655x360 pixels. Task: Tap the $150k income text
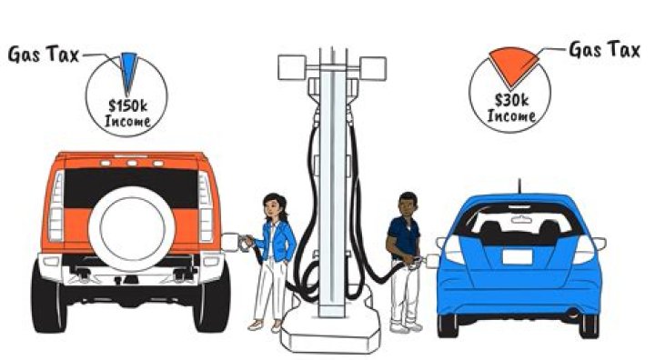point(127,113)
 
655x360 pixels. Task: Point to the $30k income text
point(511,108)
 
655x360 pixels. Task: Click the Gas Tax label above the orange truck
point(44,55)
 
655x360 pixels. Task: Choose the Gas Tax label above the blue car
point(604,50)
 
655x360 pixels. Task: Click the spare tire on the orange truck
point(132,229)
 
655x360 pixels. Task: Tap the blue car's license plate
point(517,257)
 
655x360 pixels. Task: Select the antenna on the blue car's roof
point(519,186)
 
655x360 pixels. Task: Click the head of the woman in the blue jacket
point(273,206)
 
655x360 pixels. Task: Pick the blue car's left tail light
point(454,249)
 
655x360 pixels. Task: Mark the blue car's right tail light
point(584,249)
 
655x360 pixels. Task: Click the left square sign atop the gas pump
point(292,67)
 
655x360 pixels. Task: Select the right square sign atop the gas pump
point(373,68)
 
